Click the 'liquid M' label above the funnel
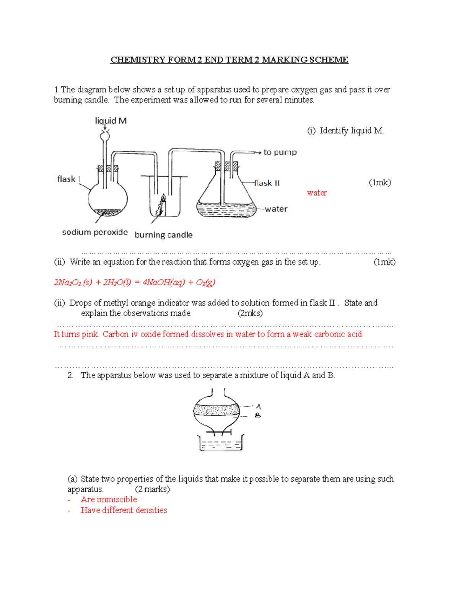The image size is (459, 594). pos(111,121)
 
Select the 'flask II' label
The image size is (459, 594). pos(267,183)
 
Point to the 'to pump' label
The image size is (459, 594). pos(280,152)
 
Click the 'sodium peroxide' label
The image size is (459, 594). pos(95,232)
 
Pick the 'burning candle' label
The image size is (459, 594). pos(163,235)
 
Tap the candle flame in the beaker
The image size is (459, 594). pos(163,199)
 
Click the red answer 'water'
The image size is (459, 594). pos(317,193)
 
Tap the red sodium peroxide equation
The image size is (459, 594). pos(134,282)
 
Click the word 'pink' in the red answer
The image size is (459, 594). pos(90,334)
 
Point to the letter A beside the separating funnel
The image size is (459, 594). pos(258,406)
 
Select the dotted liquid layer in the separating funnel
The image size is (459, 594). pos(216,410)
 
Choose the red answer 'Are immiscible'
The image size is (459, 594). pos(109,500)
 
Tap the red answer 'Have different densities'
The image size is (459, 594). pos(124,510)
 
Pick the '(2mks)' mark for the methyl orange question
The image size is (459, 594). pos(250,313)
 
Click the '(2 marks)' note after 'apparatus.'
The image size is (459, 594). pos(152,489)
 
